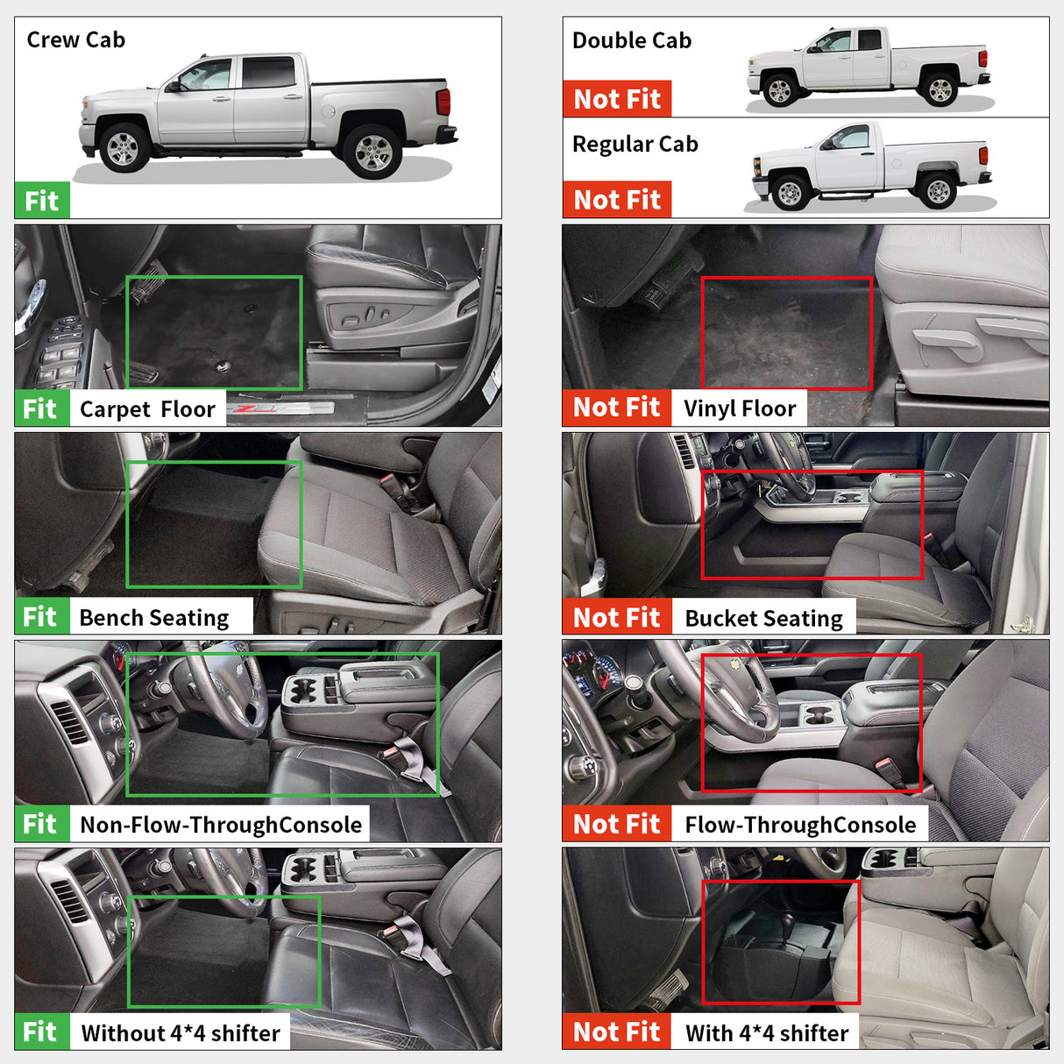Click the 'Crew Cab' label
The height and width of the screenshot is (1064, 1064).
76,40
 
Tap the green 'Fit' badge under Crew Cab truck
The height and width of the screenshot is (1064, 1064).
41,201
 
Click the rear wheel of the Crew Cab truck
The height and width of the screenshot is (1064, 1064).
372,153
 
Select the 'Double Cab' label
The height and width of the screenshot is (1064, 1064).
631,41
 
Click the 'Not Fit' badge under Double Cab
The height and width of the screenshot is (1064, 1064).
617,99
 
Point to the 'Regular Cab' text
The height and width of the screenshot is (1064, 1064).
635,145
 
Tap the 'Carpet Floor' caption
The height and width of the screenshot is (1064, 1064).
147,409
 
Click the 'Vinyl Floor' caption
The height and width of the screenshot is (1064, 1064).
740,408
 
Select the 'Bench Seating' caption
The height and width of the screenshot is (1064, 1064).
154,618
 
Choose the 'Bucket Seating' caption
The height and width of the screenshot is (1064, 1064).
763,619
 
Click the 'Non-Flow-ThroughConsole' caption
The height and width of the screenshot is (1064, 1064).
221,825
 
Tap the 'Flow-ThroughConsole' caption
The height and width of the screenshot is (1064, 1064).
800,825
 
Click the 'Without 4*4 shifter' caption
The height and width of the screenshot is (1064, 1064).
181,1033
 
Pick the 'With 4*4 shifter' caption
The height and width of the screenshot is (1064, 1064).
767,1033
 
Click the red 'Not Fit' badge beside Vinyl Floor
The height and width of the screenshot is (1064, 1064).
617,408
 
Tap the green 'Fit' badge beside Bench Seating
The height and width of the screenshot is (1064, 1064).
40,617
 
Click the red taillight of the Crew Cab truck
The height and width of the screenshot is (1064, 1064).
443,102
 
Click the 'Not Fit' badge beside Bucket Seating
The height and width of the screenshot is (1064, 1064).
617,617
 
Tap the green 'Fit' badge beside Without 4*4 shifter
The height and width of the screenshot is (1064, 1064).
40,1032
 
